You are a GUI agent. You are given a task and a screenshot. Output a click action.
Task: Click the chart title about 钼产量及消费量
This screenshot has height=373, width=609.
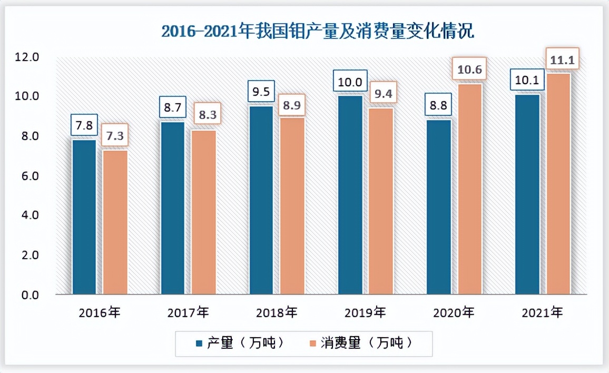[318, 32]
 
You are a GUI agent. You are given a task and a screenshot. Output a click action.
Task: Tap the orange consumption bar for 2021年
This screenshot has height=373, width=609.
[557, 184]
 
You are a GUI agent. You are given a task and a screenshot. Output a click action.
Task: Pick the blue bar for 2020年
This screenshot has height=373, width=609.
[439, 207]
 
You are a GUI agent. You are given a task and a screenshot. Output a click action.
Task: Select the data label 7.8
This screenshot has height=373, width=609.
[84, 126]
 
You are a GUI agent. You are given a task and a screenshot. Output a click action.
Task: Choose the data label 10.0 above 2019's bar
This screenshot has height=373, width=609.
[349, 83]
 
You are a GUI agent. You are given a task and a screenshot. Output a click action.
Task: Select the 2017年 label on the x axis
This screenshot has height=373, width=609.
[188, 313]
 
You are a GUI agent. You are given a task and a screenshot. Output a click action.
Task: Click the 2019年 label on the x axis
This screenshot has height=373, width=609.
[365, 313]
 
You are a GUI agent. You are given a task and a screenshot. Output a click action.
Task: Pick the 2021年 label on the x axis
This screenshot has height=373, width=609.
[542, 313]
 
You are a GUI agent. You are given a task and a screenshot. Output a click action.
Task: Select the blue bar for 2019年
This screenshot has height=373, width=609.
[350, 195]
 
